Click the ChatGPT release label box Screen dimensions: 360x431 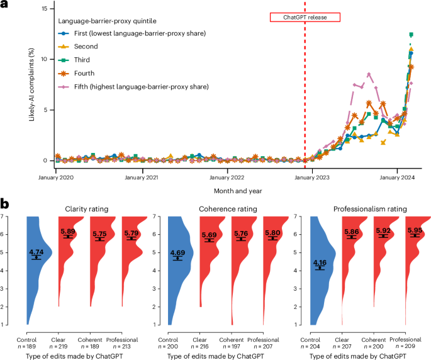(x=305, y=18)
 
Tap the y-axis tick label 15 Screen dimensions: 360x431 (x=44, y=9)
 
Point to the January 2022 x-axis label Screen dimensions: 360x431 (x=227, y=178)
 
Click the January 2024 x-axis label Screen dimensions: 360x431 (x=397, y=178)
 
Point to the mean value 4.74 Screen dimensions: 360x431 (x=36, y=252)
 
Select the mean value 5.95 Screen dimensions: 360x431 (x=416, y=230)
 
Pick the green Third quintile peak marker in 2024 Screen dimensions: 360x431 (x=411, y=35)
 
